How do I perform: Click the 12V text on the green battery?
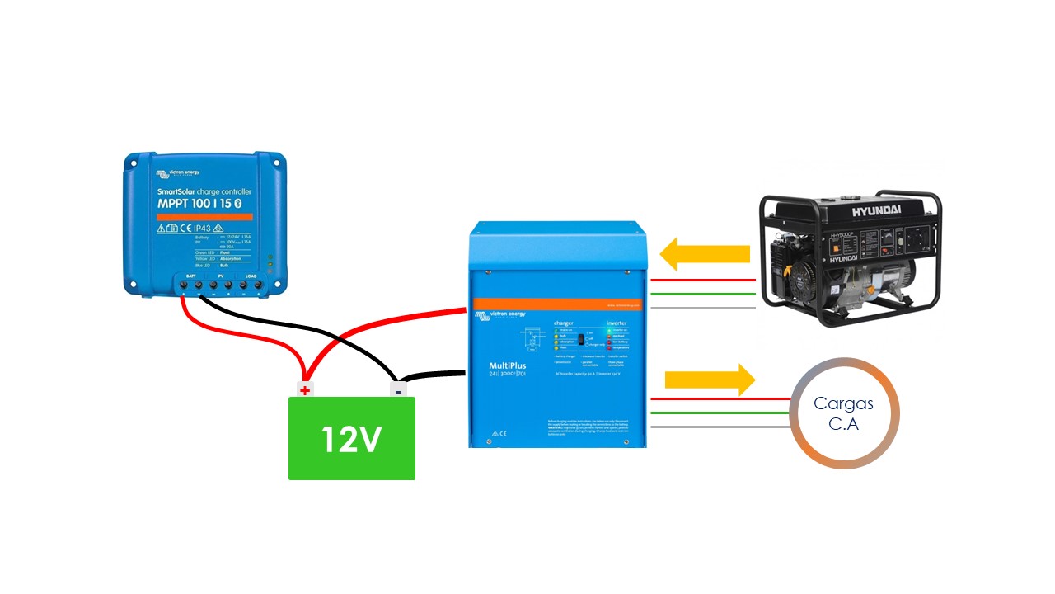click(x=351, y=440)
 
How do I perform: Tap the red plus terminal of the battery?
click(x=305, y=390)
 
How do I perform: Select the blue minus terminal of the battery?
click(x=397, y=390)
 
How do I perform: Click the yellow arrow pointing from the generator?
click(x=706, y=254)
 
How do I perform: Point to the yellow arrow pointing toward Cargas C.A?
click(x=710, y=379)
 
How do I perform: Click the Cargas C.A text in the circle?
click(x=843, y=412)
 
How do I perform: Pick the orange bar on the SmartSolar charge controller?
click(x=204, y=216)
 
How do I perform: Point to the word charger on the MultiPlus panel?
click(x=563, y=323)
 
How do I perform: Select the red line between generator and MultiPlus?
click(x=702, y=280)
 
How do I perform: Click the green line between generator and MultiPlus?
click(x=702, y=294)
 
